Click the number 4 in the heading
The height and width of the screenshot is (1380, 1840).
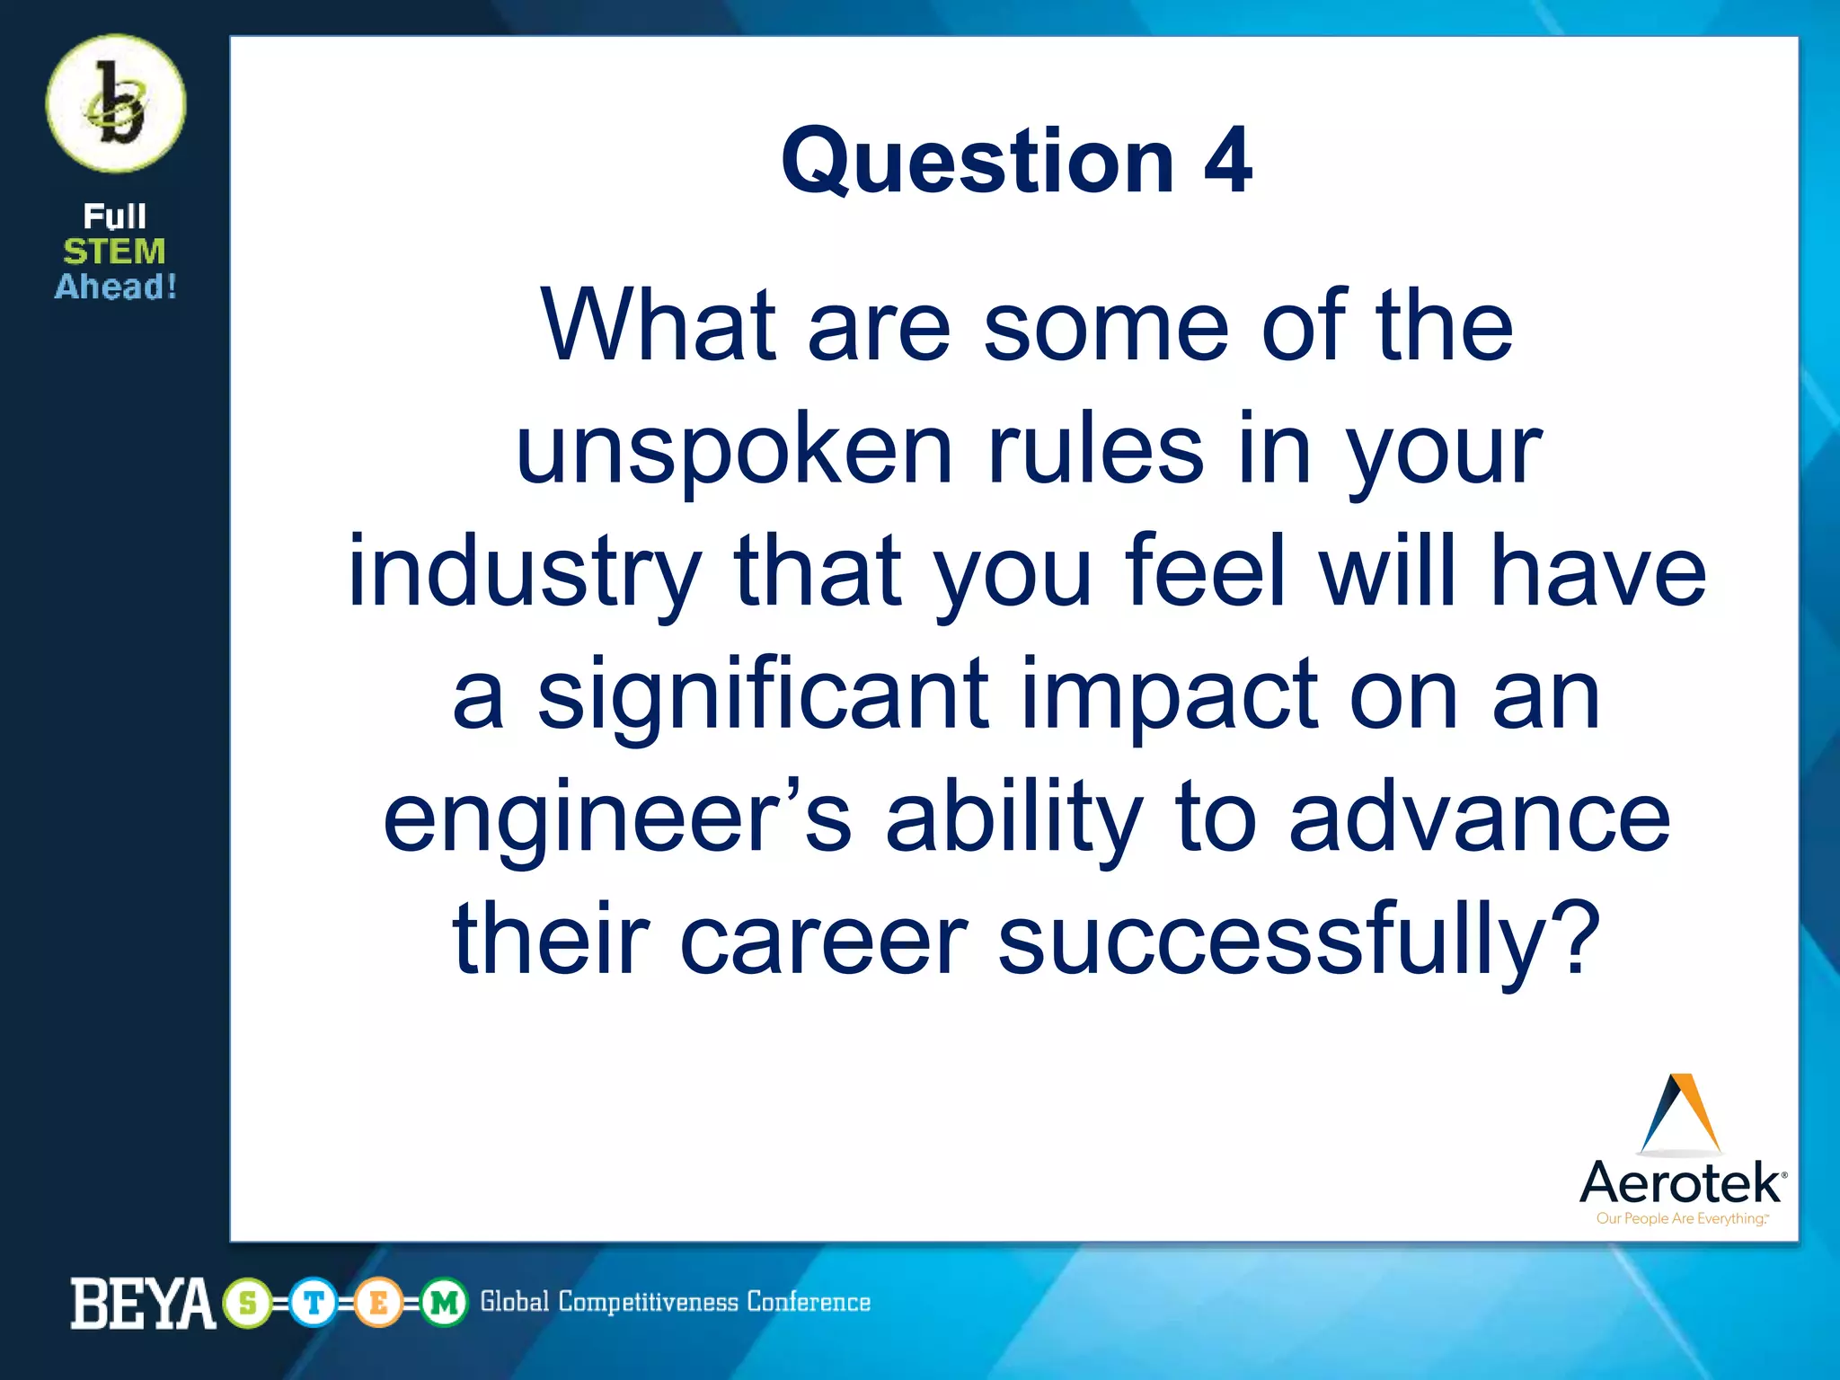click(x=1227, y=162)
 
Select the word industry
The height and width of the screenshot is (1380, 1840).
click(x=524, y=573)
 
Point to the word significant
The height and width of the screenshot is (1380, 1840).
click(x=763, y=696)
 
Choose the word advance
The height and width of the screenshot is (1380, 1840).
click(x=1480, y=818)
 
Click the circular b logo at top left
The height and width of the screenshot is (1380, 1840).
click(x=116, y=104)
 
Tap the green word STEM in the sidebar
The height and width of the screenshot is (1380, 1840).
click(x=114, y=252)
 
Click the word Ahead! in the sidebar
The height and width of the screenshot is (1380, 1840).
click(x=116, y=287)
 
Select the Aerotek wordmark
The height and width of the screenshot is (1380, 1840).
click(x=1681, y=1182)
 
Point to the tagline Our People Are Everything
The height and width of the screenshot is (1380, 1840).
click(x=1681, y=1219)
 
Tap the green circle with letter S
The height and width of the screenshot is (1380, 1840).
click(x=248, y=1303)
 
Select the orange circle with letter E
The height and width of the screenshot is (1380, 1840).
click(x=379, y=1303)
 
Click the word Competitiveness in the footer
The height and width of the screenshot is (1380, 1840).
click(x=648, y=1302)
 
